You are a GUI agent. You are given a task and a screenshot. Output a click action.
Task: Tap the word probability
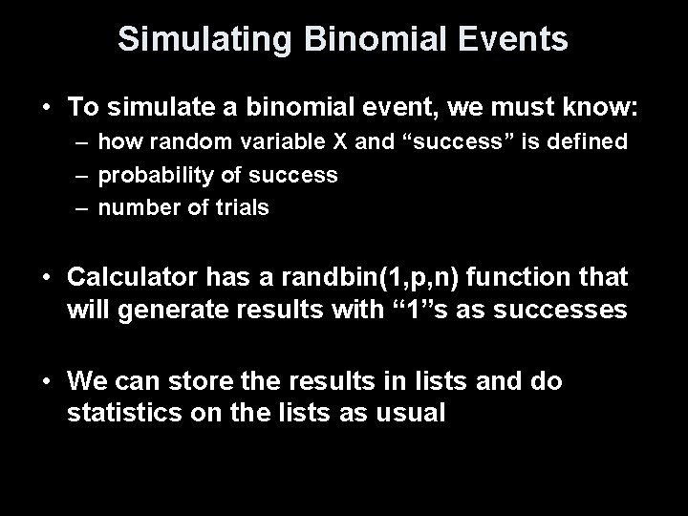point(151,175)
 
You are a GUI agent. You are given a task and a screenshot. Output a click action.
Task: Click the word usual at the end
point(412,414)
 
